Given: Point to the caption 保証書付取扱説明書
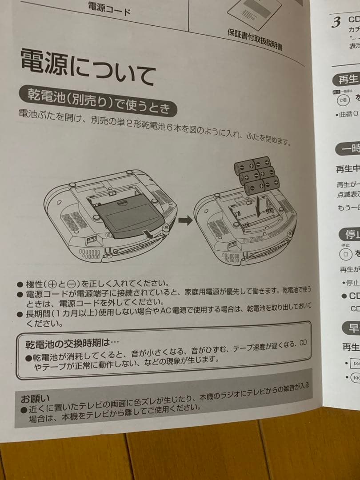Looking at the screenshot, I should click(x=254, y=39).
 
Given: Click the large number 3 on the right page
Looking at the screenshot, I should click(x=336, y=22).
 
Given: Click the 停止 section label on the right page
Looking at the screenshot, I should click(x=350, y=234).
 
